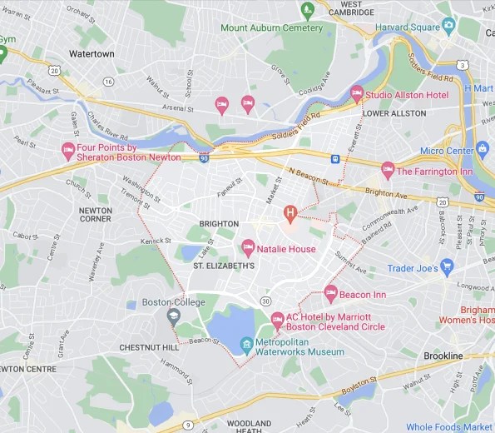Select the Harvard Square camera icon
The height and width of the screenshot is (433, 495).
point(449,24)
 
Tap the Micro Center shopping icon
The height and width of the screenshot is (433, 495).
point(483,150)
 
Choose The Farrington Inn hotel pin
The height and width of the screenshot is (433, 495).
point(387,169)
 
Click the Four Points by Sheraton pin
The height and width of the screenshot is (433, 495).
point(69,150)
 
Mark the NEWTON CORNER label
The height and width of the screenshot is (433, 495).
point(95,215)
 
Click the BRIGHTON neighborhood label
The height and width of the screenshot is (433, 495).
point(219,223)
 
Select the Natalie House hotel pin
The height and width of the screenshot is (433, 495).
point(247,247)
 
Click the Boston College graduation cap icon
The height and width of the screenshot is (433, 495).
point(173,315)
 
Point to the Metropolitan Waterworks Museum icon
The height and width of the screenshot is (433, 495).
point(246,344)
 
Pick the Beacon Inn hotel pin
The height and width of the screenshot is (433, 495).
point(330,292)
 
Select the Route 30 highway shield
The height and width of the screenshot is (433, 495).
point(265,301)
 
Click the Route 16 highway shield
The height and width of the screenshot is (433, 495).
point(108,81)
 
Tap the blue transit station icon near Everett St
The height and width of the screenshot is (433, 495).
point(335,158)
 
